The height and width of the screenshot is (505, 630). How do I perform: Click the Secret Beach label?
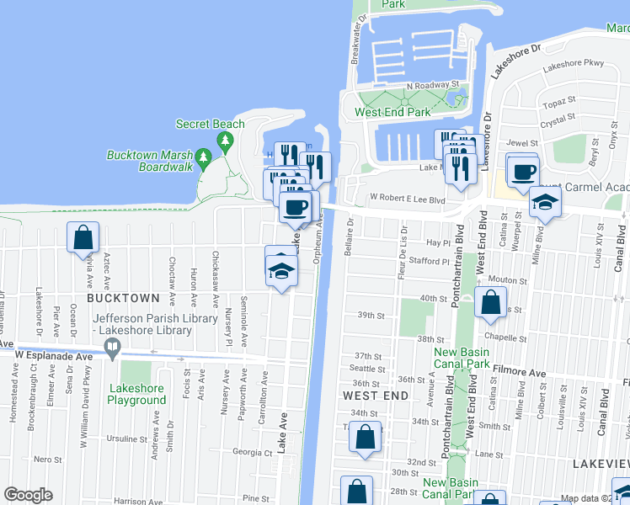(x=210, y=124)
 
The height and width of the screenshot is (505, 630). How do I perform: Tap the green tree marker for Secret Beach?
(x=224, y=141)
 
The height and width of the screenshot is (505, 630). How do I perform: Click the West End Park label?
(x=392, y=112)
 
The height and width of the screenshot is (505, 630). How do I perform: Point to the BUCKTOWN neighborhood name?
(x=122, y=298)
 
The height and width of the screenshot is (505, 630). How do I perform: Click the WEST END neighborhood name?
(x=376, y=395)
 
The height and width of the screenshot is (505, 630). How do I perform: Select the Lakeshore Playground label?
(x=136, y=395)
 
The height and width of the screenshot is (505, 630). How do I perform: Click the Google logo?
(x=28, y=495)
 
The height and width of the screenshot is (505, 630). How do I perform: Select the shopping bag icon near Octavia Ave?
(x=83, y=238)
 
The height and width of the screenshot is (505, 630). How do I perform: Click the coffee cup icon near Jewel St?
(x=523, y=172)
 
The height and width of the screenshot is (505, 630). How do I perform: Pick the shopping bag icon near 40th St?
(x=490, y=303)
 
